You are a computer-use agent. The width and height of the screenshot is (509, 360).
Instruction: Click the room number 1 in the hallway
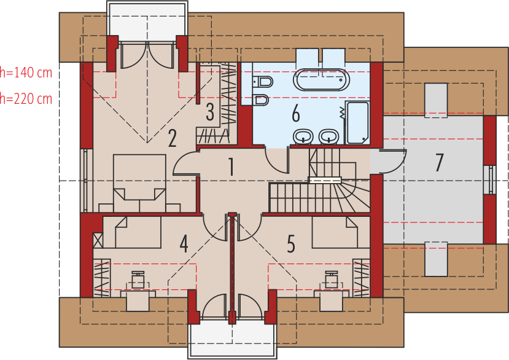pos(231,166)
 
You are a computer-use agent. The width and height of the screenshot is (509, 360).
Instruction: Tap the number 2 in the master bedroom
pos(172,138)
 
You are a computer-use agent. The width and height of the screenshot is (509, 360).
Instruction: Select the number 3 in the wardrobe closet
pos(210,112)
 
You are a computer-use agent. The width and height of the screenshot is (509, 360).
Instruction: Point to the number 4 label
pos(184,244)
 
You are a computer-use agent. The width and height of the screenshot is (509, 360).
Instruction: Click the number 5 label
pos(291,244)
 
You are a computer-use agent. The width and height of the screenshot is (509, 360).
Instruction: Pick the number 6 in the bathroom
pos(296,114)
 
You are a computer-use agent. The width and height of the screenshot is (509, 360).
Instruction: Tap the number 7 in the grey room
pos(439,162)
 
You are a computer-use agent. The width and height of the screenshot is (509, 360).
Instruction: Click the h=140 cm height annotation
pos(26,72)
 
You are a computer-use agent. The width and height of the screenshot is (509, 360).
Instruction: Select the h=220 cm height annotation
pos(26,98)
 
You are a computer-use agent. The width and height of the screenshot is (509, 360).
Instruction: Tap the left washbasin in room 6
pos(303,136)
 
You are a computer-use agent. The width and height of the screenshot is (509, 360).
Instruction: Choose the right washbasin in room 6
pos(329,136)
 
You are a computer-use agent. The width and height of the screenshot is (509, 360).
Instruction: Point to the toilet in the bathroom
pos(262,81)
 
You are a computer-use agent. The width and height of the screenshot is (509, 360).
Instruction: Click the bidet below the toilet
pos(261,100)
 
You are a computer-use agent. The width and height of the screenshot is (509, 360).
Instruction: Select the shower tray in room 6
pos(357,122)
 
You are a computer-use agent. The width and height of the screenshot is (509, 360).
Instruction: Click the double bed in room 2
pos(139,183)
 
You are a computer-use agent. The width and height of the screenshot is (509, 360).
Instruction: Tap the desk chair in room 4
pos(138,280)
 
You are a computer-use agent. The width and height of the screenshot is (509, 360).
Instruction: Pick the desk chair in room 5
pos(332,280)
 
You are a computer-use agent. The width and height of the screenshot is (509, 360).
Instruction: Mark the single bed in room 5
pos(335,232)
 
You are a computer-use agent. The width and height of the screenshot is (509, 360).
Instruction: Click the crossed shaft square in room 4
pos(98,240)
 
